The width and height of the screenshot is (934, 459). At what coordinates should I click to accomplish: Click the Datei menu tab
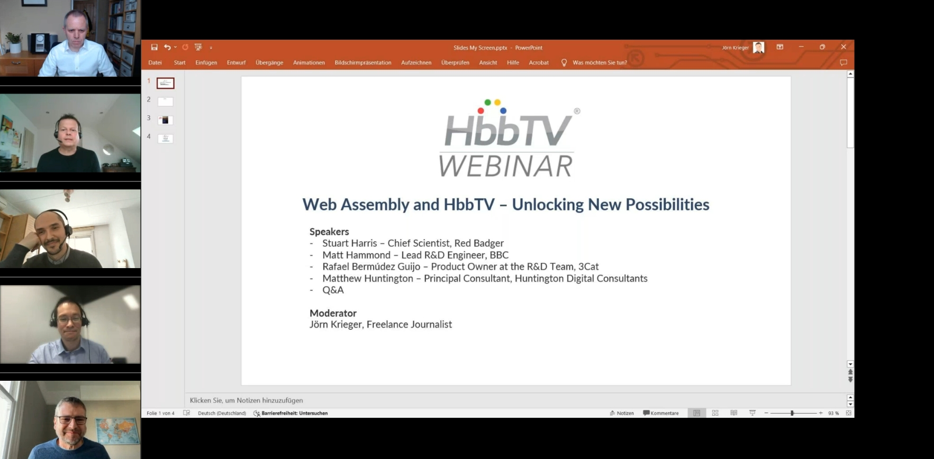tap(155, 62)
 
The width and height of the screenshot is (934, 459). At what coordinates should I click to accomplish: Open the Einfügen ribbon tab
tap(206, 62)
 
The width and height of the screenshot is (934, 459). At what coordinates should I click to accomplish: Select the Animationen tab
tap(309, 62)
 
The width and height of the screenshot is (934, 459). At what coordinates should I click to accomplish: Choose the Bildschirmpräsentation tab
tap(363, 62)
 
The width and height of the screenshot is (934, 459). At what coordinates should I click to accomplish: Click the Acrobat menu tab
tap(539, 62)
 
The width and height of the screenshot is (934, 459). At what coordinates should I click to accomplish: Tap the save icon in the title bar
tap(154, 47)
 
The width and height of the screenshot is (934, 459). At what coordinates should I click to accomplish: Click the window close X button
tap(844, 47)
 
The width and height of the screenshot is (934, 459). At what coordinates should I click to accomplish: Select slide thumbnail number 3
tap(165, 120)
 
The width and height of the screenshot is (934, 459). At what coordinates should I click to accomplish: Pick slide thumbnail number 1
tap(166, 83)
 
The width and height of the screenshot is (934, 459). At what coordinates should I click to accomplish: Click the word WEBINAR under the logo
tap(506, 166)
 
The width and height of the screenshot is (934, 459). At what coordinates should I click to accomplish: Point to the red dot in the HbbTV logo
tap(480, 111)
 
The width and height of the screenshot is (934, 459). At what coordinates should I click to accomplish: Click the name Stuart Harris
tap(350, 243)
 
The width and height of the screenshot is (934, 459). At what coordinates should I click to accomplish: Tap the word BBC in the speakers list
tap(499, 255)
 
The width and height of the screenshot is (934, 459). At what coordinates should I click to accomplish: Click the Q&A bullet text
tap(333, 290)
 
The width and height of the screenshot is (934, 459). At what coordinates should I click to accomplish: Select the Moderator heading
tap(333, 313)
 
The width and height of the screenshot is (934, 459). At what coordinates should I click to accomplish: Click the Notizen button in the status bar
tap(622, 413)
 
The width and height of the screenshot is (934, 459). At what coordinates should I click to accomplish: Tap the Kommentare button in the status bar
tap(661, 413)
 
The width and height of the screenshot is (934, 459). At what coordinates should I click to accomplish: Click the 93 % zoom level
tap(833, 413)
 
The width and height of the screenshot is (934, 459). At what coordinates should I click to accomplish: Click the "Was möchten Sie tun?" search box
tap(594, 62)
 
